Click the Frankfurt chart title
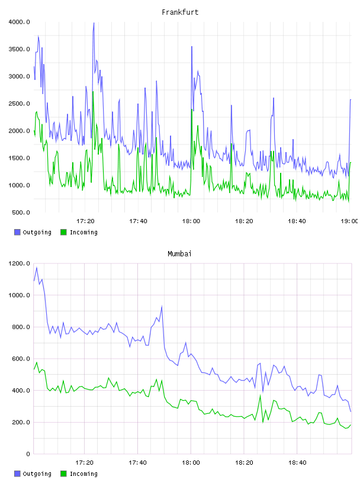point(180,12)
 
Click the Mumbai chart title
point(179,254)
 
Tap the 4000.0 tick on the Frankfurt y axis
point(19,22)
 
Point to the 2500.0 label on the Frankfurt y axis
point(19,104)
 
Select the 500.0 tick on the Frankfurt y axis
point(21,212)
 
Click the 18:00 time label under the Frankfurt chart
point(191,221)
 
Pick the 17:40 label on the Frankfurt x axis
point(138,221)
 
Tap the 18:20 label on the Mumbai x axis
point(244,463)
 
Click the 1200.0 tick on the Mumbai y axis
point(19,263)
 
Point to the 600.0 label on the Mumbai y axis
point(21,359)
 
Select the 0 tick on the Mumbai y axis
point(28,454)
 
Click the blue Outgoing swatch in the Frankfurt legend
point(17,232)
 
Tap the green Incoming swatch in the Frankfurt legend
point(63,232)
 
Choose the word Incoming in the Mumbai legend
point(83,474)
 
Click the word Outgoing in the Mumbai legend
point(37,474)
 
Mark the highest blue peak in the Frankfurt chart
point(94,23)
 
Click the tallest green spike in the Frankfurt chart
point(93,92)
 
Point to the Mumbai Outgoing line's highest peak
point(37,268)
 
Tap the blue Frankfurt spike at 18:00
point(192,47)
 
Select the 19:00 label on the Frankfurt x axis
point(349,221)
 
